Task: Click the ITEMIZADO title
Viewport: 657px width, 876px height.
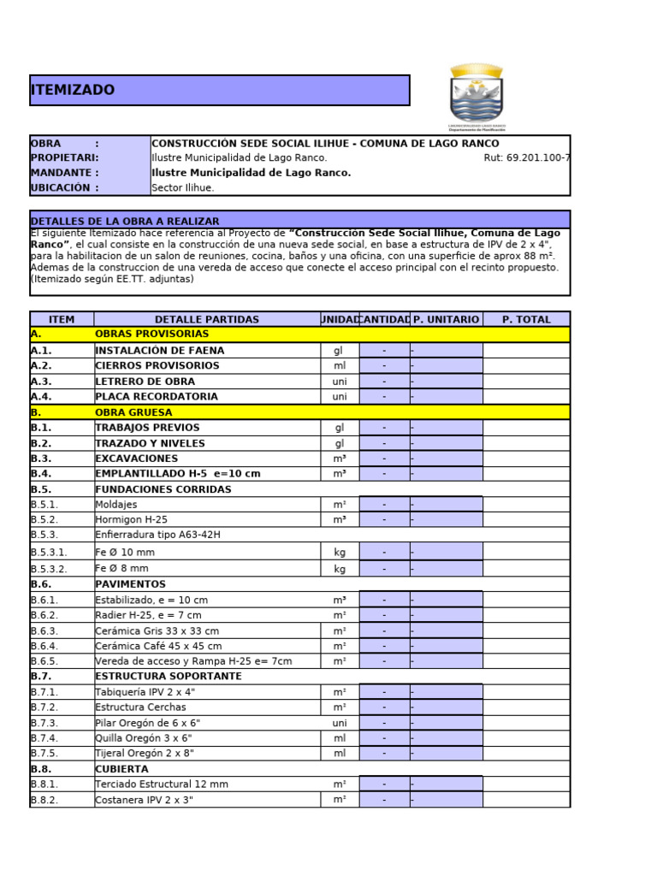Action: [x=73, y=91]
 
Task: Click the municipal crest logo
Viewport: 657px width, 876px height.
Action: [x=477, y=98]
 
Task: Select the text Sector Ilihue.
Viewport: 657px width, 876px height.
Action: [x=183, y=188]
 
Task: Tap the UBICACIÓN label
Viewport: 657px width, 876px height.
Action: [x=64, y=188]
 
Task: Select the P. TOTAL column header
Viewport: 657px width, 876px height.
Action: [x=526, y=319]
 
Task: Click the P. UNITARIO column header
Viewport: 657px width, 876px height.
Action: [x=446, y=319]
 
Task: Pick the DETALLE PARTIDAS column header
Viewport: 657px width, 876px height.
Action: [x=206, y=319]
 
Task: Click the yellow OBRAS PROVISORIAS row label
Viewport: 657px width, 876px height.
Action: [x=151, y=334]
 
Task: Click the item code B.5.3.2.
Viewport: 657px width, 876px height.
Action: [x=49, y=569]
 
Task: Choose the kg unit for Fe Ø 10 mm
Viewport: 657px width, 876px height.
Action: [x=340, y=553]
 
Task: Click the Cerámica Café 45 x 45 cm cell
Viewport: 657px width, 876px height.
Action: [x=158, y=647]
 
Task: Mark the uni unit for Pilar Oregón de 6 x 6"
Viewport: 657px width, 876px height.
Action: [x=340, y=723]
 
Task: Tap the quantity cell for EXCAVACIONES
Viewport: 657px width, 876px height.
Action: [x=384, y=459]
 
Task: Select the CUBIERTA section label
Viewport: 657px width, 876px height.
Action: [x=121, y=769]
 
